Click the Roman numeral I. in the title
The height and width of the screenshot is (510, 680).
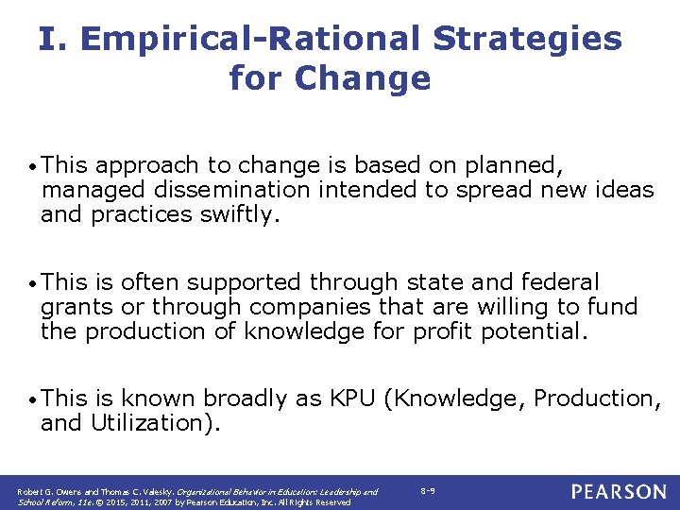(53, 39)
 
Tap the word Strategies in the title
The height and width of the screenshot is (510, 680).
(528, 39)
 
